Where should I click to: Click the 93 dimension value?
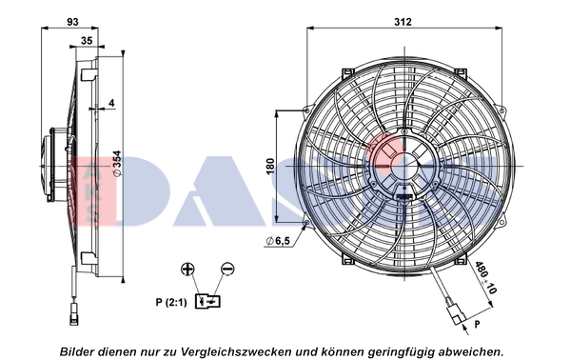tap(72, 22)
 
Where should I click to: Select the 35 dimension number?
tap(87, 41)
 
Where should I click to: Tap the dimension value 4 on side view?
tap(111, 103)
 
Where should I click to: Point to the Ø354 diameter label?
tap(117, 164)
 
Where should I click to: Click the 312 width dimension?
tap(403, 22)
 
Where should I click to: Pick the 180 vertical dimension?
tap(270, 166)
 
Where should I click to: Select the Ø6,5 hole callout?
tap(278, 241)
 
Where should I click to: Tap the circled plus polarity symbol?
tap(187, 270)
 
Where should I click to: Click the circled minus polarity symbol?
tap(227, 270)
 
